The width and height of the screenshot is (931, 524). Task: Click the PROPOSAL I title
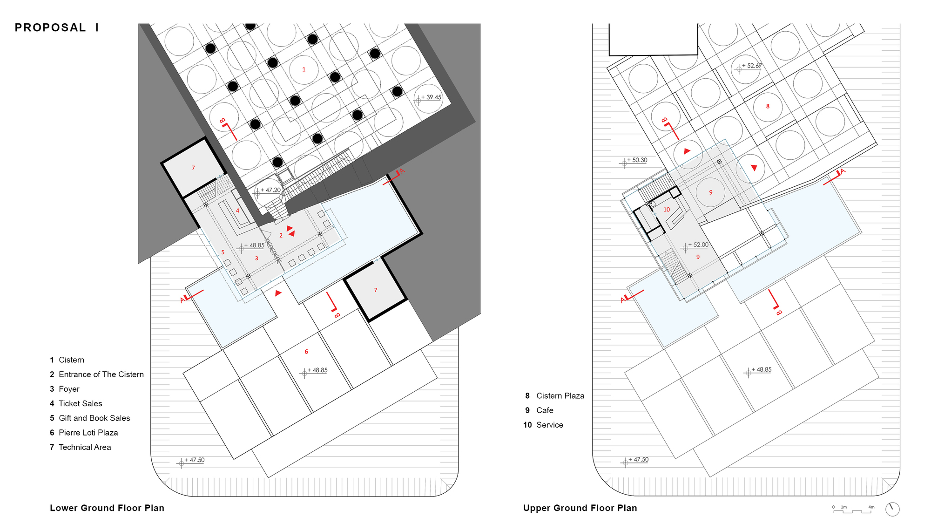coord(57,27)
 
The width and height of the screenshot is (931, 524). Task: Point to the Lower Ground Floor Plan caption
coord(107,508)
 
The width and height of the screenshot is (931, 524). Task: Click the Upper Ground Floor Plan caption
coord(580,508)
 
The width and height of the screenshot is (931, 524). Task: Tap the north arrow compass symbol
coord(892,509)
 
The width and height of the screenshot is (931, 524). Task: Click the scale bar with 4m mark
coord(853,510)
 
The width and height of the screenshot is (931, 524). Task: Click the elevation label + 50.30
coord(637,160)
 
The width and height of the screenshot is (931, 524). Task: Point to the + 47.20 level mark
coord(270,190)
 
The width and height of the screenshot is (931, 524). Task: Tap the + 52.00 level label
coord(698,245)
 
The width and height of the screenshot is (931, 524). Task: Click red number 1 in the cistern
coord(304,69)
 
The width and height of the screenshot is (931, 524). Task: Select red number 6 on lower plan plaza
coord(306,352)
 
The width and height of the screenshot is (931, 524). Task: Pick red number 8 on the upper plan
coord(768,106)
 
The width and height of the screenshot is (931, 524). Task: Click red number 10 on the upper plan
coord(667,210)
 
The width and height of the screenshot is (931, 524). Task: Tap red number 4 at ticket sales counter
coord(237,211)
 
